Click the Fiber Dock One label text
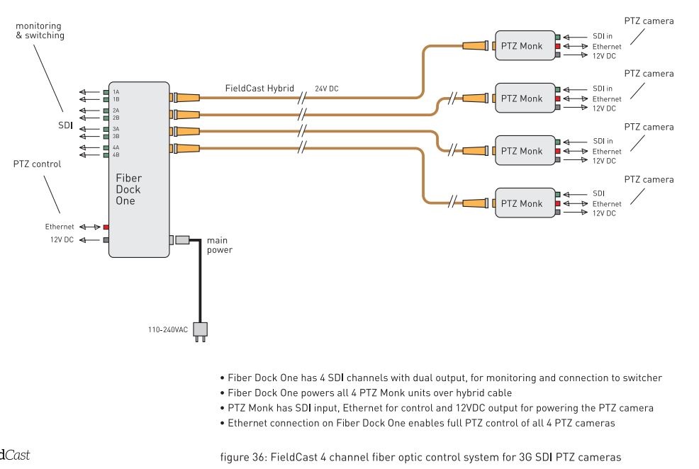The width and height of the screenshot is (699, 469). tap(128, 189)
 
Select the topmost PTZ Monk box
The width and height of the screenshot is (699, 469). tap(522, 46)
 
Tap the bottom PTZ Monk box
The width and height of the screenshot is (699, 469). tap(522, 203)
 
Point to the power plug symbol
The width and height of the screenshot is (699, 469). tap(201, 332)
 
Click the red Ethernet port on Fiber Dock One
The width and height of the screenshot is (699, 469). tap(106, 227)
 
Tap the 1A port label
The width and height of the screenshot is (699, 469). tap(116, 92)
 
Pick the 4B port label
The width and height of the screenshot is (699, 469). tap(116, 154)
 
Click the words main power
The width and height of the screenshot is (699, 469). tap(219, 245)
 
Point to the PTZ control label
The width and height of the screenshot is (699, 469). tap(37, 164)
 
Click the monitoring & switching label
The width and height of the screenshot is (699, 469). tap(40, 30)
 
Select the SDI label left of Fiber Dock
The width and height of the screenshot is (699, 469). tap(66, 124)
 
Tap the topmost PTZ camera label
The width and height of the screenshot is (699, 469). tap(648, 21)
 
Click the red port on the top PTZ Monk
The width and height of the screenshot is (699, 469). tap(558, 46)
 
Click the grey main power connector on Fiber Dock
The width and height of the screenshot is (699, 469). tap(182, 240)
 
